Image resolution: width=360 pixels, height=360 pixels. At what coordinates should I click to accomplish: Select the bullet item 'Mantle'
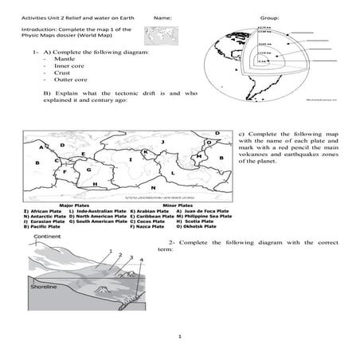coord(64,59)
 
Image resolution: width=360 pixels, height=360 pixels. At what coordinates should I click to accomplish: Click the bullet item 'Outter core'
coord(69,80)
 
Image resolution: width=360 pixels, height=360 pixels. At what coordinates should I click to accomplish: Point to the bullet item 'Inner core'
coord(68,66)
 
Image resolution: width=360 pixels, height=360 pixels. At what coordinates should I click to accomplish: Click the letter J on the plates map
coord(163,142)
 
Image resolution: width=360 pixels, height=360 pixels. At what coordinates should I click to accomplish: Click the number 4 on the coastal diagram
coord(141,260)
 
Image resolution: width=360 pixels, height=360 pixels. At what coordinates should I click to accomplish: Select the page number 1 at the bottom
coord(181,337)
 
